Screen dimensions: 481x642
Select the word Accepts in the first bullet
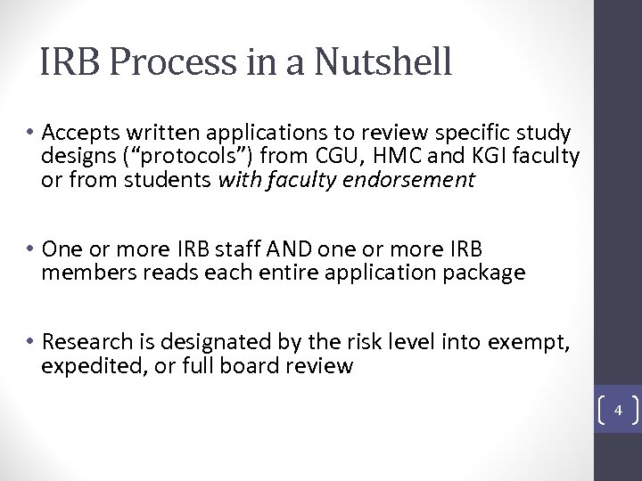coord(78,134)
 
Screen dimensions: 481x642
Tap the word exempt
coord(536,341)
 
